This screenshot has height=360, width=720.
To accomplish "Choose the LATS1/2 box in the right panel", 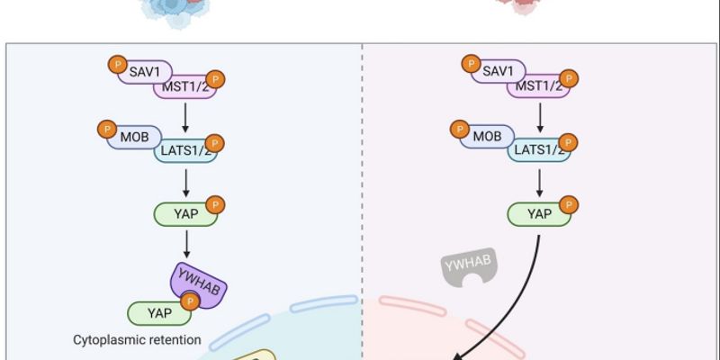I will click(538, 149).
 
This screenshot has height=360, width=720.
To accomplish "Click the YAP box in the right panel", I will click(538, 213).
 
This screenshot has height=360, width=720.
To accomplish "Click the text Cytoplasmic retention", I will click(137, 340).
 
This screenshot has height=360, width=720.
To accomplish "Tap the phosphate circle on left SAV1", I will click(116, 64).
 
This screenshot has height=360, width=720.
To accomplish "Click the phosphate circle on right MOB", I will click(460, 129).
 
